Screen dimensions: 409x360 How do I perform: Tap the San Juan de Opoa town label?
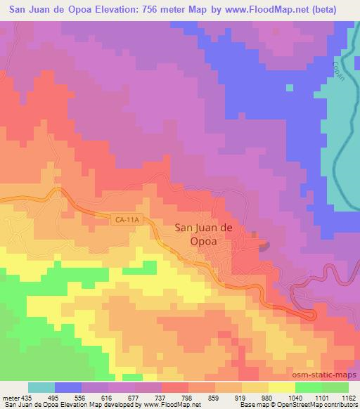point(203,233)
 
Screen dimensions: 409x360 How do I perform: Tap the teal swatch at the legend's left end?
point(41,387)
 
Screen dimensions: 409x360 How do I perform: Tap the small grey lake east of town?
point(264,246)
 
